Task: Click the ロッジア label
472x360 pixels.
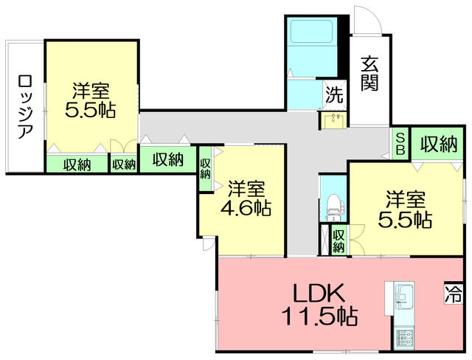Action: pyautogui.click(x=24, y=107)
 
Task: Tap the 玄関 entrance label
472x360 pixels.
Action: pyautogui.click(x=369, y=73)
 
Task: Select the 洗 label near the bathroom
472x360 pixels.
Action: pyautogui.click(x=334, y=94)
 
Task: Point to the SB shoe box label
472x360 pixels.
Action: pyautogui.click(x=400, y=144)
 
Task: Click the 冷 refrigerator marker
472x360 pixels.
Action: pyautogui.click(x=452, y=294)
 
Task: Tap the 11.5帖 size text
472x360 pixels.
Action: pyautogui.click(x=319, y=317)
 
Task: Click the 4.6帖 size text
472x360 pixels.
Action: pyautogui.click(x=246, y=208)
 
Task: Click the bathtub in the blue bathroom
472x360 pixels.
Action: pyautogui.click(x=312, y=33)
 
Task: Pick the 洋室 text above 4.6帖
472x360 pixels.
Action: pyautogui.click(x=246, y=187)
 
